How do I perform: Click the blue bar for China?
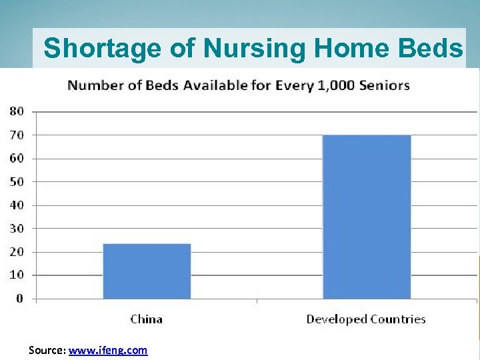tap(147, 271)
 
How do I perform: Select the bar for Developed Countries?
tap(367, 217)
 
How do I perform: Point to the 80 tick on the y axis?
tap(16, 111)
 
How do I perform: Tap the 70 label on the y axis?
tap(16, 135)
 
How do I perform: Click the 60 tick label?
tap(16, 159)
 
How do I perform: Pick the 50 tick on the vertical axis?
tap(16, 181)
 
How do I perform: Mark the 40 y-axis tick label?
tap(16, 205)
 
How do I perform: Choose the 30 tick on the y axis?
tap(16, 228)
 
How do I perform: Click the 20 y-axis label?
tap(16, 252)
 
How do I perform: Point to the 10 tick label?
tap(16, 275)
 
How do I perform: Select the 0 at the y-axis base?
tap(19, 298)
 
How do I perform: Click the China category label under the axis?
tap(147, 319)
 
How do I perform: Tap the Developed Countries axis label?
tap(366, 319)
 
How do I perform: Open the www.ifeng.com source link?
tap(108, 349)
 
